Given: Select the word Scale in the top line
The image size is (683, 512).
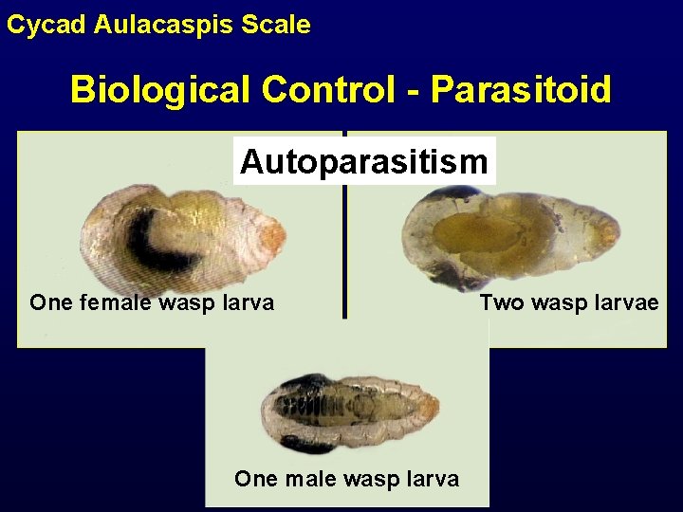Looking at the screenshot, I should click(276, 25).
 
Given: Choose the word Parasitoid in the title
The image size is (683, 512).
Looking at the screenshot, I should click(521, 90).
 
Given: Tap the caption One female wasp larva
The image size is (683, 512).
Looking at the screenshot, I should click(152, 303).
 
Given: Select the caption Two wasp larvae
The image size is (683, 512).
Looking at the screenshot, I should click(568, 303).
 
